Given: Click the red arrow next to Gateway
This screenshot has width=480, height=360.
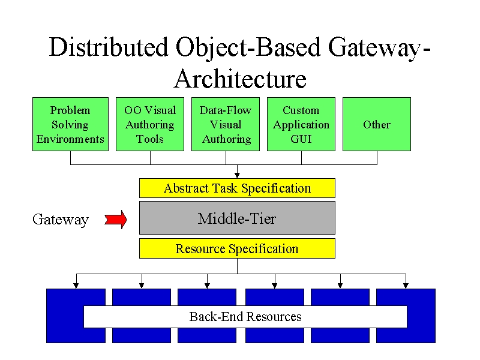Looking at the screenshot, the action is point(116,220).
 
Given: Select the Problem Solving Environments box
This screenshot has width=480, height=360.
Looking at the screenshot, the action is point(70,124).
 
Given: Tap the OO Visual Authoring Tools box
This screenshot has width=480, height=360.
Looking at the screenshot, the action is point(150,124).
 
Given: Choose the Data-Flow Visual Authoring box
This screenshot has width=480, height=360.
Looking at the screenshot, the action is point(226,124).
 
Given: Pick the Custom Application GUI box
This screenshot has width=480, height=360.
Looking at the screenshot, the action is point(301,124).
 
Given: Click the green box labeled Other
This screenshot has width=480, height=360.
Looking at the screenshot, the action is point(377,124).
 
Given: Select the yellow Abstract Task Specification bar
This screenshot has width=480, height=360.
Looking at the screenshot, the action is point(237,188).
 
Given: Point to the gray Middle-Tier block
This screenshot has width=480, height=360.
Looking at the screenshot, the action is point(237,218).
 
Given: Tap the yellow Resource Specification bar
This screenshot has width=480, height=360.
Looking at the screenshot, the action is point(237,248).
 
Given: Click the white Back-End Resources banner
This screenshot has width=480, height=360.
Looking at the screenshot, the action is point(245,317).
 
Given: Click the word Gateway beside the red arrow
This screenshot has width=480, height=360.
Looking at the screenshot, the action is point(61,220).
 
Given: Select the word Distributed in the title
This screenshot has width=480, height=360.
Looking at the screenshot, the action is point(109,47).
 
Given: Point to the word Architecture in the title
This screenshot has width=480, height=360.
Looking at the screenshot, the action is point(241,79).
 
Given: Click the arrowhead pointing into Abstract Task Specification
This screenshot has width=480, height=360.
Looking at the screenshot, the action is point(237,175).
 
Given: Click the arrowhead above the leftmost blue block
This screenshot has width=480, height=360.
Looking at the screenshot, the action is point(76,286).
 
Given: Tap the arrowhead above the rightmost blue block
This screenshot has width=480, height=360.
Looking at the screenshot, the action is point(406,286).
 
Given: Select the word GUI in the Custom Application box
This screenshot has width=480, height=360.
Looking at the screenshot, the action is point(301,139).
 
